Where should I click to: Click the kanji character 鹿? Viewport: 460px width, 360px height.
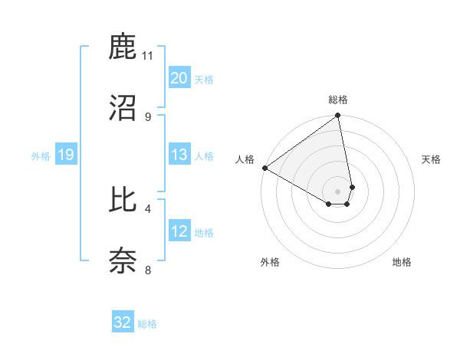(x=123, y=47)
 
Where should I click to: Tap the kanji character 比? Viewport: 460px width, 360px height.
(x=123, y=200)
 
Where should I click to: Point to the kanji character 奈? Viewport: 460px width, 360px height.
(x=123, y=260)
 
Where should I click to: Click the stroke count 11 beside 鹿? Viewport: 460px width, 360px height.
(x=148, y=56)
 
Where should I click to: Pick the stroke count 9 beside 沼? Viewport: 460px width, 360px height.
(x=148, y=116)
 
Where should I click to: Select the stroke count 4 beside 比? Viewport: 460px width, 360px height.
(x=148, y=208)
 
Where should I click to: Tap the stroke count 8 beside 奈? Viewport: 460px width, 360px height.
(x=148, y=269)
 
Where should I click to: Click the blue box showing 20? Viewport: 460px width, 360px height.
(x=179, y=78)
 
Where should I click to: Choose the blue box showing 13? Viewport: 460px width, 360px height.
(x=179, y=155)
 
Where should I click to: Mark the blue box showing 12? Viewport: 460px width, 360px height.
(x=179, y=231)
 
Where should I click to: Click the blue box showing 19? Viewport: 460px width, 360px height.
(x=65, y=155)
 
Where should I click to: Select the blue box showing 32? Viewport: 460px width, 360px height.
(x=123, y=322)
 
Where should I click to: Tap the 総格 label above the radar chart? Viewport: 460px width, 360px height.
(x=338, y=100)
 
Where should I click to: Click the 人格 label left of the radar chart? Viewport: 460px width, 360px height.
(x=245, y=159)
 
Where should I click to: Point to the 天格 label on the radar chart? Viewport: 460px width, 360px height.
(x=432, y=159)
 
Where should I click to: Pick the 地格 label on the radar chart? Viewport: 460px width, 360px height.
(x=402, y=262)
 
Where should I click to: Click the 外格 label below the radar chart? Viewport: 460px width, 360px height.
(x=270, y=262)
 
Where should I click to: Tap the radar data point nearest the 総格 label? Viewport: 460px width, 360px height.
(x=338, y=116)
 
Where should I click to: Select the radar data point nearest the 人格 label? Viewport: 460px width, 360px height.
(x=264, y=168)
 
